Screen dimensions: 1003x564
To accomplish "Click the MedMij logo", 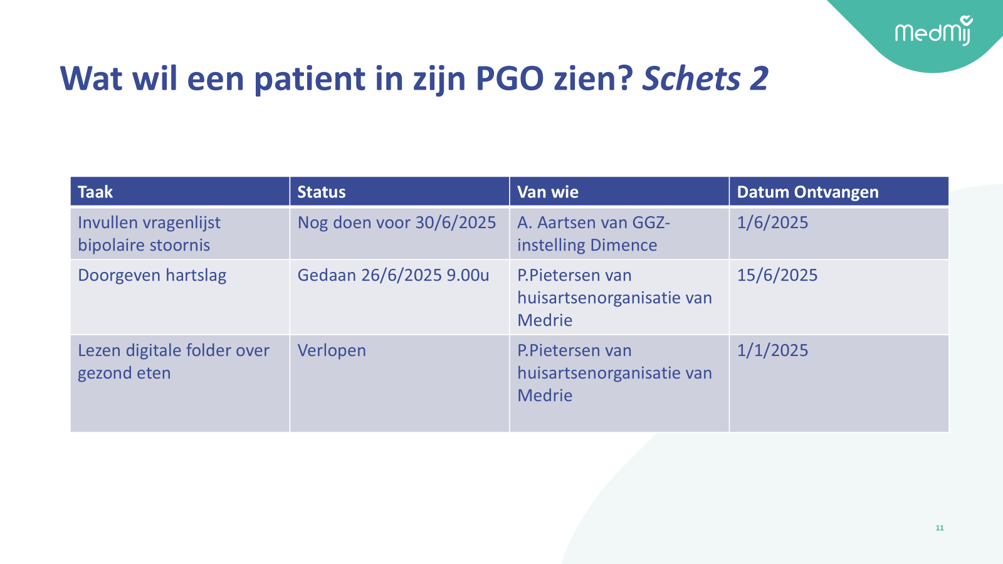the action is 933,31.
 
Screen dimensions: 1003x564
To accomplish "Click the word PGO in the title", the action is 510,79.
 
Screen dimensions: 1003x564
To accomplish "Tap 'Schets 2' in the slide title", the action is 705,79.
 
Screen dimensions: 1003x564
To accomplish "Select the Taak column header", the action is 95,192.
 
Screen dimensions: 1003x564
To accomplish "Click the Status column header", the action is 322,192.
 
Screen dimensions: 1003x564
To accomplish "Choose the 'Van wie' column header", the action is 548,192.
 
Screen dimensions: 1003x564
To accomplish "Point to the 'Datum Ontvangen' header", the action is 808,192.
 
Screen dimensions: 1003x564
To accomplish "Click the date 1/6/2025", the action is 772,222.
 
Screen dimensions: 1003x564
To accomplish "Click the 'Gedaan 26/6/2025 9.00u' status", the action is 393,275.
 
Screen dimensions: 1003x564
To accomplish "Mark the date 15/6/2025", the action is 777,275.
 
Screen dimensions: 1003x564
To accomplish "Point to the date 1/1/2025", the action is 772,350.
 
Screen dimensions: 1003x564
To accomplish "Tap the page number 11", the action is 940,528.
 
